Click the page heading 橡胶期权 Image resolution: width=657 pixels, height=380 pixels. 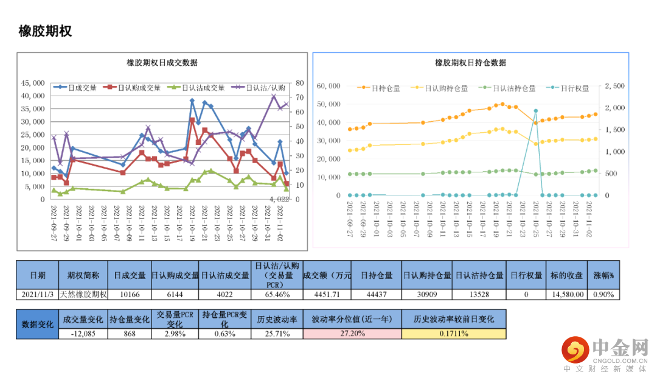pos(46,31)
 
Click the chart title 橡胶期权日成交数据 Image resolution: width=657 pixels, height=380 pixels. pos(162,63)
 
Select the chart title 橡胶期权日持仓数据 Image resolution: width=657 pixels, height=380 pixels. pos(470,63)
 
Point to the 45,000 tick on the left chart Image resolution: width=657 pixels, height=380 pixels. pos(33,83)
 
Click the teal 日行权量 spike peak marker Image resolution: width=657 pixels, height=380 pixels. pos(535,111)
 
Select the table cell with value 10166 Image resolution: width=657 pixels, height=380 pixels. pos(129,295)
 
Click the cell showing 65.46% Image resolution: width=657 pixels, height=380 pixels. pos(276,295)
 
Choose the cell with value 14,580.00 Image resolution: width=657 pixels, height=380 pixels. pos(568,295)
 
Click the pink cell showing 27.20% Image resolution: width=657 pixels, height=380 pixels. pos(352,334)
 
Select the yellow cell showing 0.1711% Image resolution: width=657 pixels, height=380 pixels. pos(454,334)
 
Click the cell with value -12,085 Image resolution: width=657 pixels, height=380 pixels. pos(83,334)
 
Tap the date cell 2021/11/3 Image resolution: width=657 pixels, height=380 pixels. pos(37,295)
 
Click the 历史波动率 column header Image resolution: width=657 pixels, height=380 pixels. pos(276,319)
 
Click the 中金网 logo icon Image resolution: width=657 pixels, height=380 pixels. pos(575,350)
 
